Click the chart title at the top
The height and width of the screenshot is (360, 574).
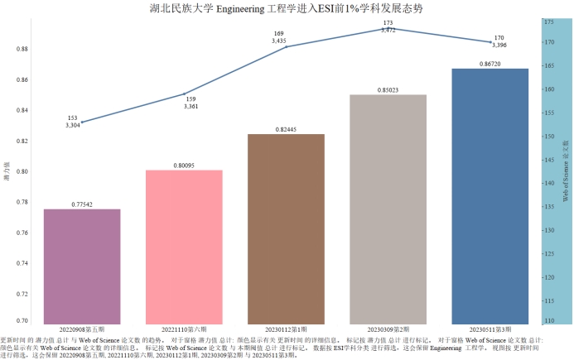[x=286, y=8]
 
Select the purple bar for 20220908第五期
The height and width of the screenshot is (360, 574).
[x=82, y=266]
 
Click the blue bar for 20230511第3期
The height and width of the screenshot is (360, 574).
[x=490, y=195]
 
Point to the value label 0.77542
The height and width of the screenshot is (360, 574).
[x=82, y=204]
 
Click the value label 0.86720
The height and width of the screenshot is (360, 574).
[x=490, y=63]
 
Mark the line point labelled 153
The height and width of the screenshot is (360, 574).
[x=82, y=122]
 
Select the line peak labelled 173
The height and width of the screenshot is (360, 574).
[x=388, y=28]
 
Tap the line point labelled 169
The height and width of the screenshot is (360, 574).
[x=286, y=47]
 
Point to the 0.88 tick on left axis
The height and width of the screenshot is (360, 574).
[x=22, y=49]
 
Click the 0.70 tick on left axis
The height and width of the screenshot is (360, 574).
[x=22, y=320]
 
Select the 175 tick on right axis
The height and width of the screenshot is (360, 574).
[x=548, y=22]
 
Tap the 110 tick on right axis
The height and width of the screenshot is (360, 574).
[x=548, y=320]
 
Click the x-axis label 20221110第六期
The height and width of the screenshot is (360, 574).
[x=184, y=329]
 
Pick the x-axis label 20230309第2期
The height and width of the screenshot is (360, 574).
[x=388, y=329]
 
